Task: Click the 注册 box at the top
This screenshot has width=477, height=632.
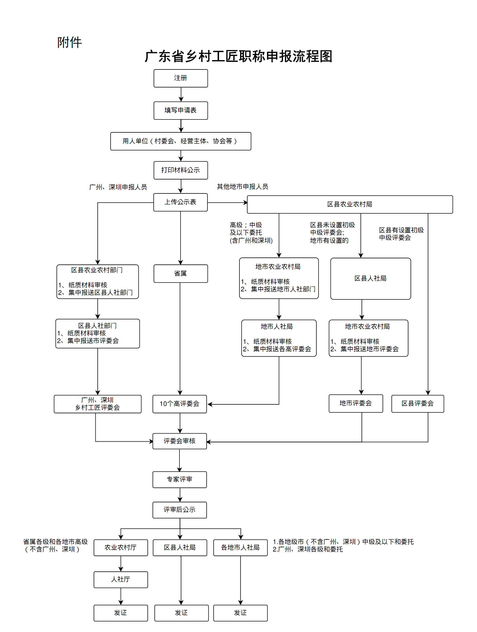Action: (180, 78)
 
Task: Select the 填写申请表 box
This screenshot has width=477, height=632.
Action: (180, 111)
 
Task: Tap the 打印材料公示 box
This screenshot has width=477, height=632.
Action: (180, 170)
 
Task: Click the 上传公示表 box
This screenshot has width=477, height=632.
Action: (180, 202)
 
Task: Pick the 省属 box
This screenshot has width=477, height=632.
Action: (180, 274)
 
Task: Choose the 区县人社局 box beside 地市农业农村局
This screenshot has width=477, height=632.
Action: (371, 278)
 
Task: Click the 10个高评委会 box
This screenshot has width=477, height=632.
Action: (179, 404)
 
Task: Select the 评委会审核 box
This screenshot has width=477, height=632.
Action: (179, 441)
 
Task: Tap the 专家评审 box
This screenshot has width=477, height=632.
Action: (179, 479)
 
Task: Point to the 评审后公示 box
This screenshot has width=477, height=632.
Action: (179, 510)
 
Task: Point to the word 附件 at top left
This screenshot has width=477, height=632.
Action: (69, 42)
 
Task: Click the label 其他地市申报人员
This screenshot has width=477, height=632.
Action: (242, 187)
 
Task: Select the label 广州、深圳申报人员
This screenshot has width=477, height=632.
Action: (118, 187)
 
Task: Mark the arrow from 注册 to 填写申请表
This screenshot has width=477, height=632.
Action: (181, 95)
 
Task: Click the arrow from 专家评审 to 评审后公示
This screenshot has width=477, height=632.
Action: (180, 495)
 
